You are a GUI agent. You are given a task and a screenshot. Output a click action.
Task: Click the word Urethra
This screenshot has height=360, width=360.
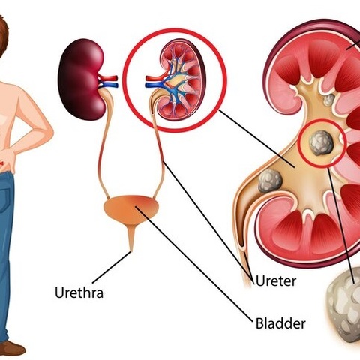tap(79, 292)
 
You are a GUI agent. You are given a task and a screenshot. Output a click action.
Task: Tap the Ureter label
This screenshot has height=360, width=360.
tap(276, 280)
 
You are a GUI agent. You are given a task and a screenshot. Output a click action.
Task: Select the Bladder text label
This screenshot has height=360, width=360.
tap(280, 323)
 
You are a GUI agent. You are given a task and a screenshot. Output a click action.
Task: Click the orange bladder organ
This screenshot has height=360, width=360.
tap(131, 209)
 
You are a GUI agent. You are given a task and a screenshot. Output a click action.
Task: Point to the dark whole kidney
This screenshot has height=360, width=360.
tap(82, 79)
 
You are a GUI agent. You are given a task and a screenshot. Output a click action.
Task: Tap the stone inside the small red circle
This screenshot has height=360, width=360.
tap(321, 143)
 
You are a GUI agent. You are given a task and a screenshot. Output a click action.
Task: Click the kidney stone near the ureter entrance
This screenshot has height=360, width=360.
tap(270, 181)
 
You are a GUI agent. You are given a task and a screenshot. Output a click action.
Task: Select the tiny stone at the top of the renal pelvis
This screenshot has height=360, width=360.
tap(329, 100)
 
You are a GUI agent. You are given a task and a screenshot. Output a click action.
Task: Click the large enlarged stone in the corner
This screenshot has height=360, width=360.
tap(345, 307)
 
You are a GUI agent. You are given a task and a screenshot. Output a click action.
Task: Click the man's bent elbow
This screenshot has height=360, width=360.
tap(49, 132)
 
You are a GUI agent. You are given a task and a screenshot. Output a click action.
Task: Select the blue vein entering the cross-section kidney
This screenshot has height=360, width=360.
tap(154, 85)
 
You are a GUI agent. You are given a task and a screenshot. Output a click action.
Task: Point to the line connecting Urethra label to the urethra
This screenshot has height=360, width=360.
tap(111, 267)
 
